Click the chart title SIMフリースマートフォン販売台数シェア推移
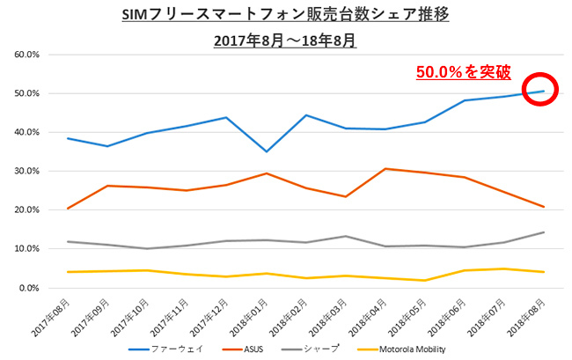click(x=286, y=16)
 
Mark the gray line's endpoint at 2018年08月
click(x=545, y=232)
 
